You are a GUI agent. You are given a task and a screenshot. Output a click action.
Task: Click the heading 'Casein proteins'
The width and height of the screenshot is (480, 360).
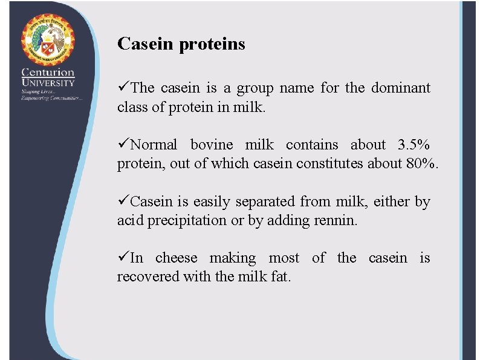click(181, 44)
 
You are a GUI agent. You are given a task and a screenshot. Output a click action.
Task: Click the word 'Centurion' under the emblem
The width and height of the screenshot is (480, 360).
click(48, 72)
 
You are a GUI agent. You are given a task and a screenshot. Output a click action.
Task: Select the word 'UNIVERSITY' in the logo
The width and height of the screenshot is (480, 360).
click(48, 83)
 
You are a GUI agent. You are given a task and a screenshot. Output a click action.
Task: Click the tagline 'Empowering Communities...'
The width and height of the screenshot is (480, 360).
click(51, 98)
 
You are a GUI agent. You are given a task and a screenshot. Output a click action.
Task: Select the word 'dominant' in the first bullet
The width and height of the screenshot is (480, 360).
click(400, 88)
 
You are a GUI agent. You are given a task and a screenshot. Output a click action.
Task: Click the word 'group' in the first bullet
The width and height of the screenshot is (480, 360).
click(255, 89)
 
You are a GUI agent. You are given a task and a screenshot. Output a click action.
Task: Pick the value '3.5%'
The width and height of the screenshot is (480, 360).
click(414, 145)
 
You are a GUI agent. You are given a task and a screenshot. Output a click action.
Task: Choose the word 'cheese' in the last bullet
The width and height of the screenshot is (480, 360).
click(176, 258)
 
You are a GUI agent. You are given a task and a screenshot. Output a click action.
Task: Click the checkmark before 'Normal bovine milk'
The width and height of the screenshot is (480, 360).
click(123, 145)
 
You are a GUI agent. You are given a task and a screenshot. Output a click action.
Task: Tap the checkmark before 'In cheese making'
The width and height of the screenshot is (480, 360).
click(123, 258)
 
